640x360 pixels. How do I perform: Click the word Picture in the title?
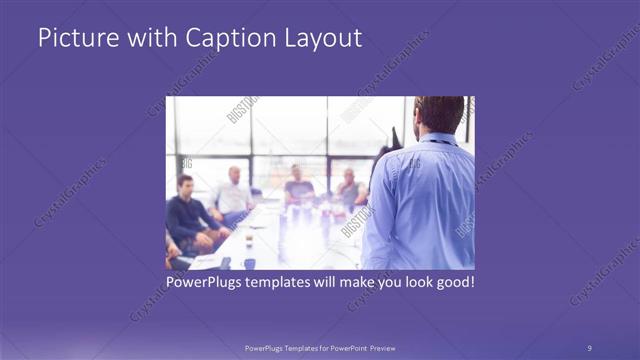pos(71,39)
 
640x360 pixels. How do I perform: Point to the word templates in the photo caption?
pos(284,283)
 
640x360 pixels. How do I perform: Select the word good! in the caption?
pos(452,283)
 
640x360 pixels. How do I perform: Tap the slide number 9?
pos(589,347)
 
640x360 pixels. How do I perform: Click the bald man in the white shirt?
pos(234,192)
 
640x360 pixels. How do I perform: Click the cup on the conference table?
pos(247,241)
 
